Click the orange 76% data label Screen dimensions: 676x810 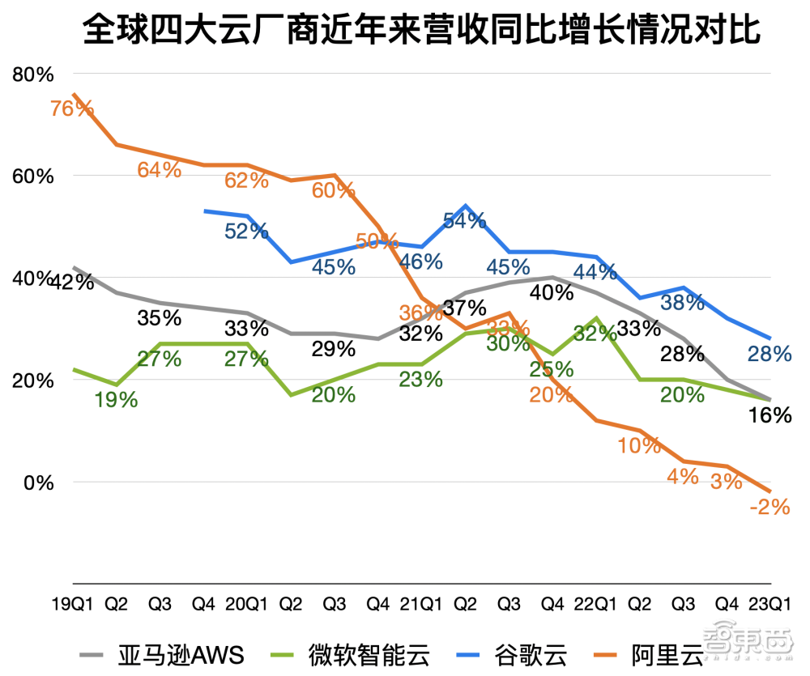point(73,108)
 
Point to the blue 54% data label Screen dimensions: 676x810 point(464,220)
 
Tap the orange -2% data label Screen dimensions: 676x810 point(769,507)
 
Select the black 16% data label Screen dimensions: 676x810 point(769,415)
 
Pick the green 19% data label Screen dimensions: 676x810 point(116,399)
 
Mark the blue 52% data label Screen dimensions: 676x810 point(246,232)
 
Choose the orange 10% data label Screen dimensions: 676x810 point(639,445)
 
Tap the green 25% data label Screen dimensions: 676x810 point(552,369)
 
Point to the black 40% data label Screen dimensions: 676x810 point(552,292)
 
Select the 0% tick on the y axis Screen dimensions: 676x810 point(37,482)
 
